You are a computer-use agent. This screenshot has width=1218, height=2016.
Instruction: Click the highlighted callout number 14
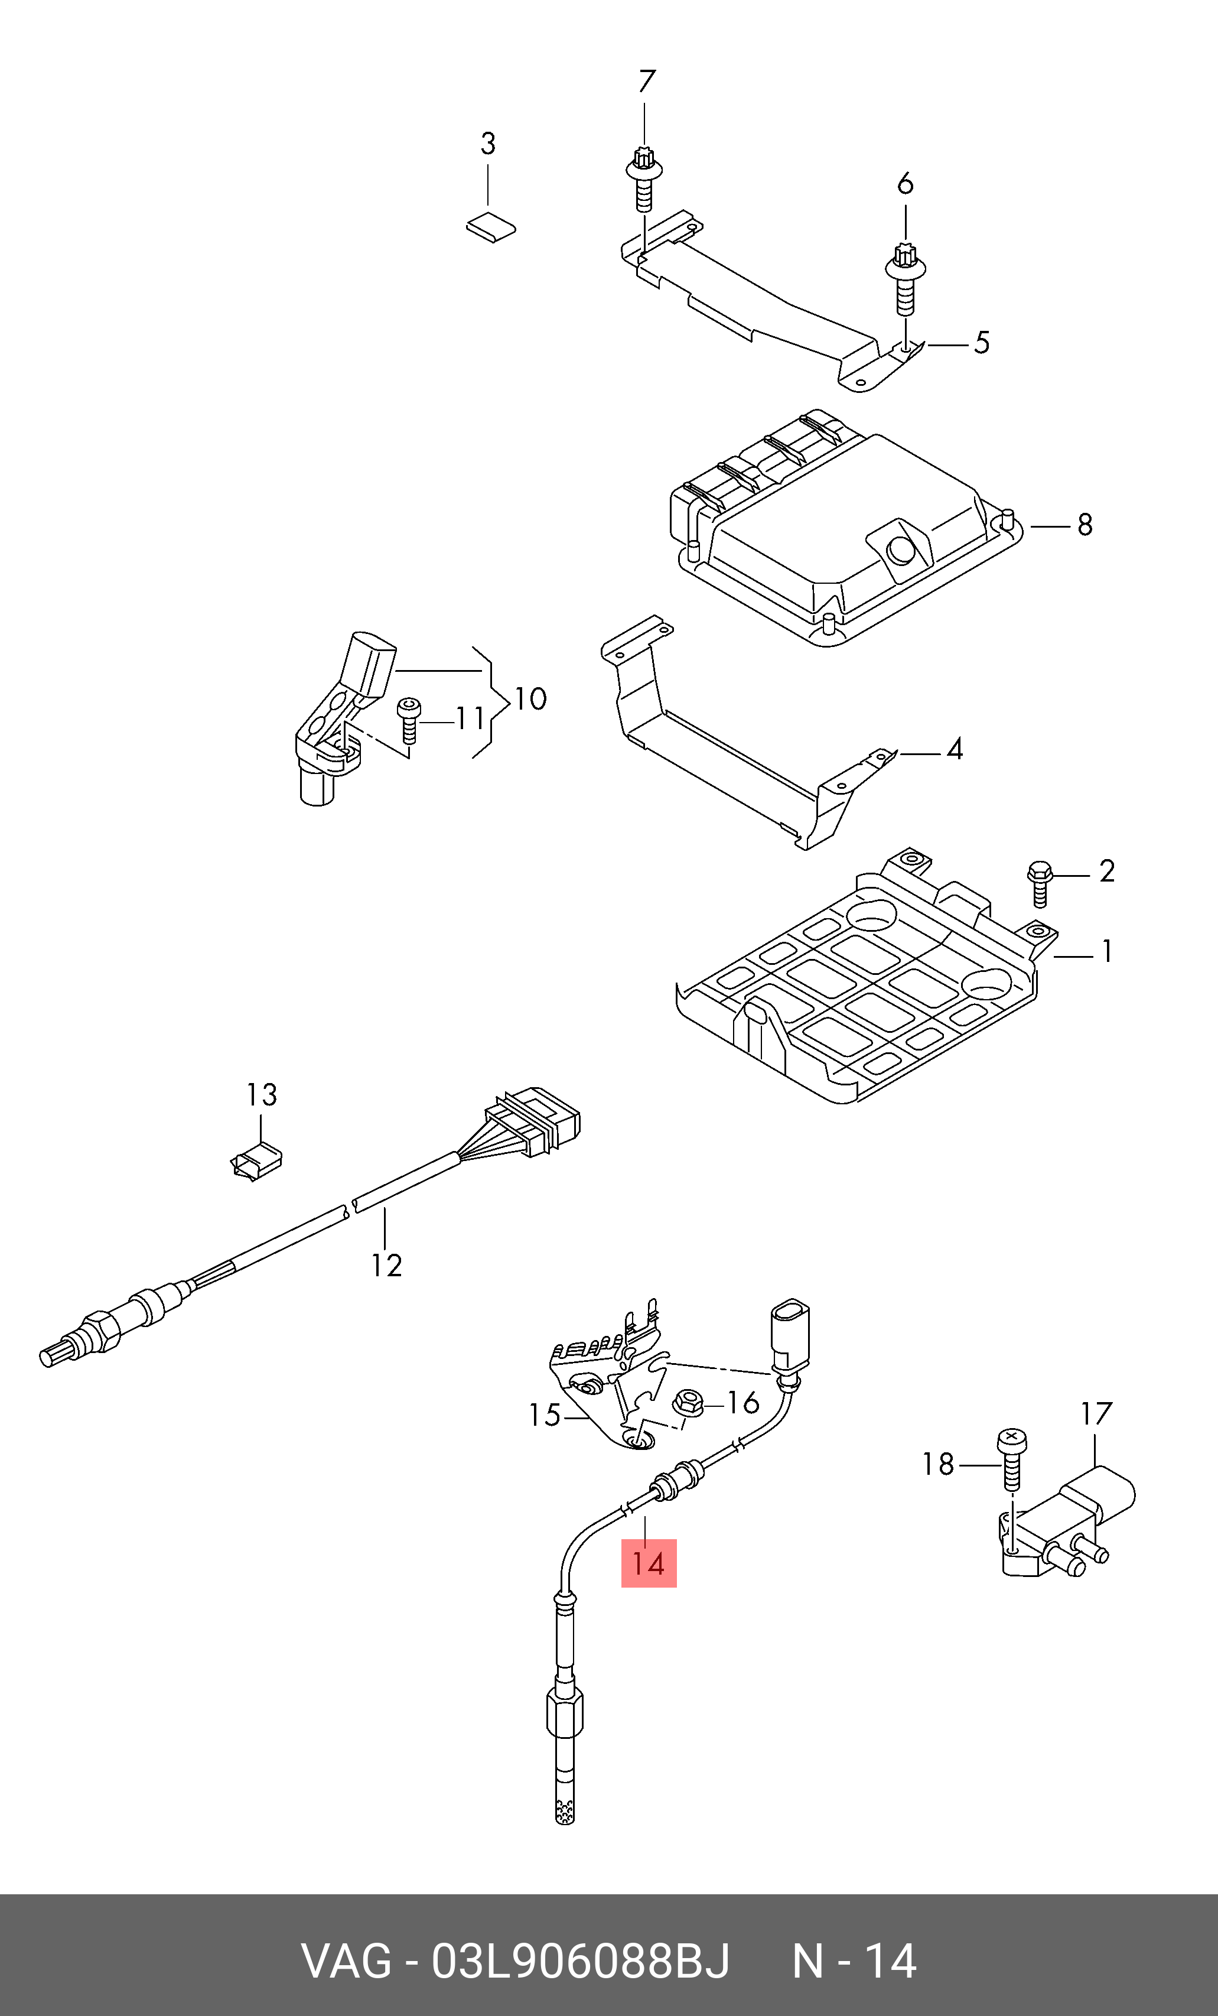649,1563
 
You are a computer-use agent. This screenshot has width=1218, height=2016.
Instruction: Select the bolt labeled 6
905,278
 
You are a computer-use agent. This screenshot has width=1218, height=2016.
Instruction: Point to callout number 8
1085,525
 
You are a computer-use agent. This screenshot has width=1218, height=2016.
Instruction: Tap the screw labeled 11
408,720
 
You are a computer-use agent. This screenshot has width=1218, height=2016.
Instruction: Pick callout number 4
955,749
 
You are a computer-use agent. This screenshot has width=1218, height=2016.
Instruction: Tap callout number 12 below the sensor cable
386,1265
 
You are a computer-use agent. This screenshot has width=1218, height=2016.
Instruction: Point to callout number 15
545,1415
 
